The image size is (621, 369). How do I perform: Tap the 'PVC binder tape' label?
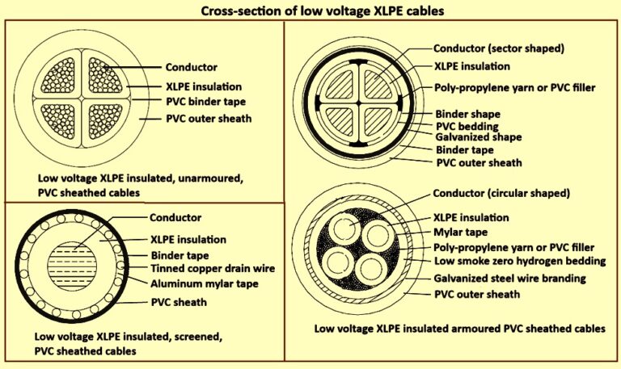205,102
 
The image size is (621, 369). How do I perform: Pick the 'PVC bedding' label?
467,126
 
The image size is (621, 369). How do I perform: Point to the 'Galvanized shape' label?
478,137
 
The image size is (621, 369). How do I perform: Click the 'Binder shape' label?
467,114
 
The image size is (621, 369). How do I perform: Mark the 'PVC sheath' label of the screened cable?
179,302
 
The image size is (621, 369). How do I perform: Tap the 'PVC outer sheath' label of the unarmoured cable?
209,120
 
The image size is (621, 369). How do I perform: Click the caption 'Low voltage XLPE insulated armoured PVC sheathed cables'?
459,329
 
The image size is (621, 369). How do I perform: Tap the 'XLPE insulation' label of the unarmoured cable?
203,85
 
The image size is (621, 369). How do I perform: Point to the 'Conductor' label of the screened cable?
175,217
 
